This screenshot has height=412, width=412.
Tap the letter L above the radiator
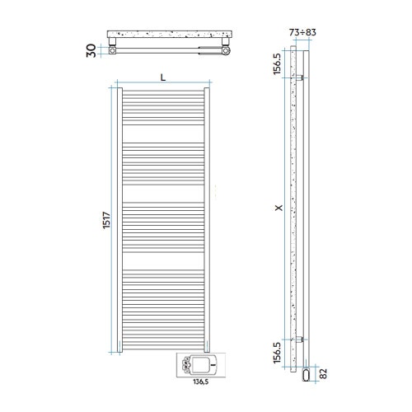coord(162,77)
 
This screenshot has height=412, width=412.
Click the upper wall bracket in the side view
coord(303,78)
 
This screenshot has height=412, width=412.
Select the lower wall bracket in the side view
coord(303,339)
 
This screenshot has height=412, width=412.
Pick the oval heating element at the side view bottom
coord(307,375)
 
